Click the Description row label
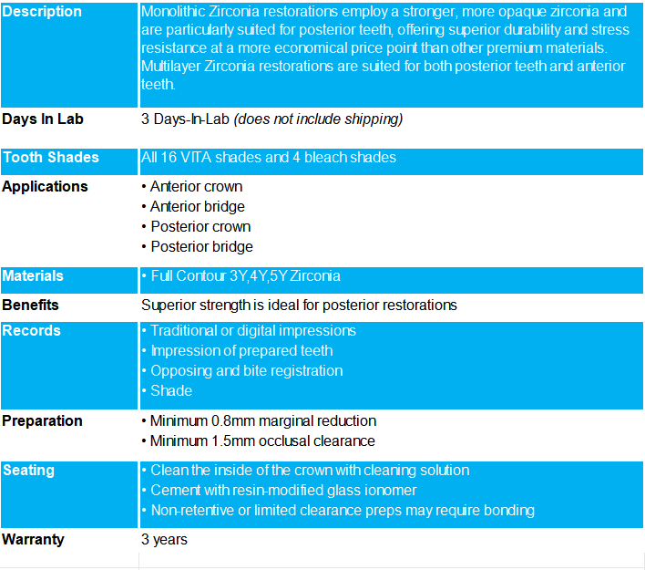click(42, 12)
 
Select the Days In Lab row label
click(43, 119)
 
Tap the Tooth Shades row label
click(50, 158)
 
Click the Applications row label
click(45, 187)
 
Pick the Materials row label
click(33, 276)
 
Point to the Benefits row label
click(31, 305)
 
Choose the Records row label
click(31, 331)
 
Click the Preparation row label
click(42, 421)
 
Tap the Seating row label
click(28, 471)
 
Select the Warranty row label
click(33, 540)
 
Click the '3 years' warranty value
click(164, 540)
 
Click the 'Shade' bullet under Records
click(171, 391)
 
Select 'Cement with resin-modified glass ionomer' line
click(283, 491)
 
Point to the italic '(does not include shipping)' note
click(318, 119)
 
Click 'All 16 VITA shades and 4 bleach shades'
click(269, 158)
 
